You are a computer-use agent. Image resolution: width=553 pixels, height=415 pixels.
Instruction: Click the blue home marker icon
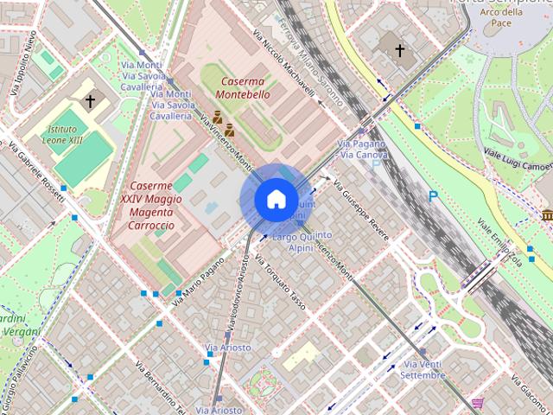275,199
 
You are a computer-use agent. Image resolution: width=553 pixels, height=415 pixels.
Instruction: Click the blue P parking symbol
433,197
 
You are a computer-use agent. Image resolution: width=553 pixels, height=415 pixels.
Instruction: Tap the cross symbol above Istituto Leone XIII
90,101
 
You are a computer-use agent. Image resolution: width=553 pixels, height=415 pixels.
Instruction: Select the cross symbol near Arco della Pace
399,50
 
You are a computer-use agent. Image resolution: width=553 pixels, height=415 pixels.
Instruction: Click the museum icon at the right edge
547,214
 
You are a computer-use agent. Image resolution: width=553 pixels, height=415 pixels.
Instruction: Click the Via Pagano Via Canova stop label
362,149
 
